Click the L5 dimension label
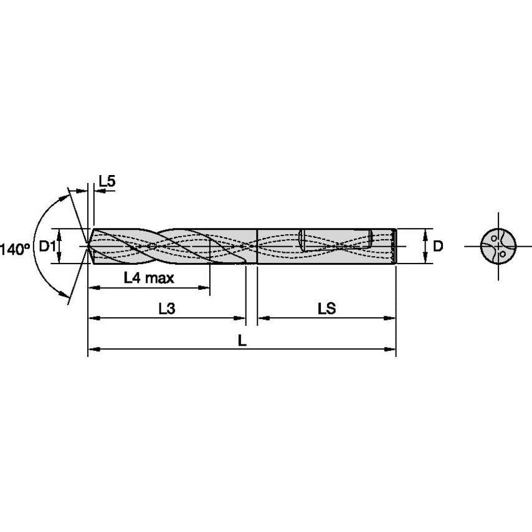(x=107, y=181)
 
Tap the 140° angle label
(x=15, y=249)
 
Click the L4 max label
(x=149, y=278)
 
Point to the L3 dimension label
(x=166, y=308)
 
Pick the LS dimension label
(x=326, y=308)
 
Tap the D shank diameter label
(x=438, y=247)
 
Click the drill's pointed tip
(x=87, y=246)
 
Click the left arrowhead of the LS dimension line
(x=262, y=318)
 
